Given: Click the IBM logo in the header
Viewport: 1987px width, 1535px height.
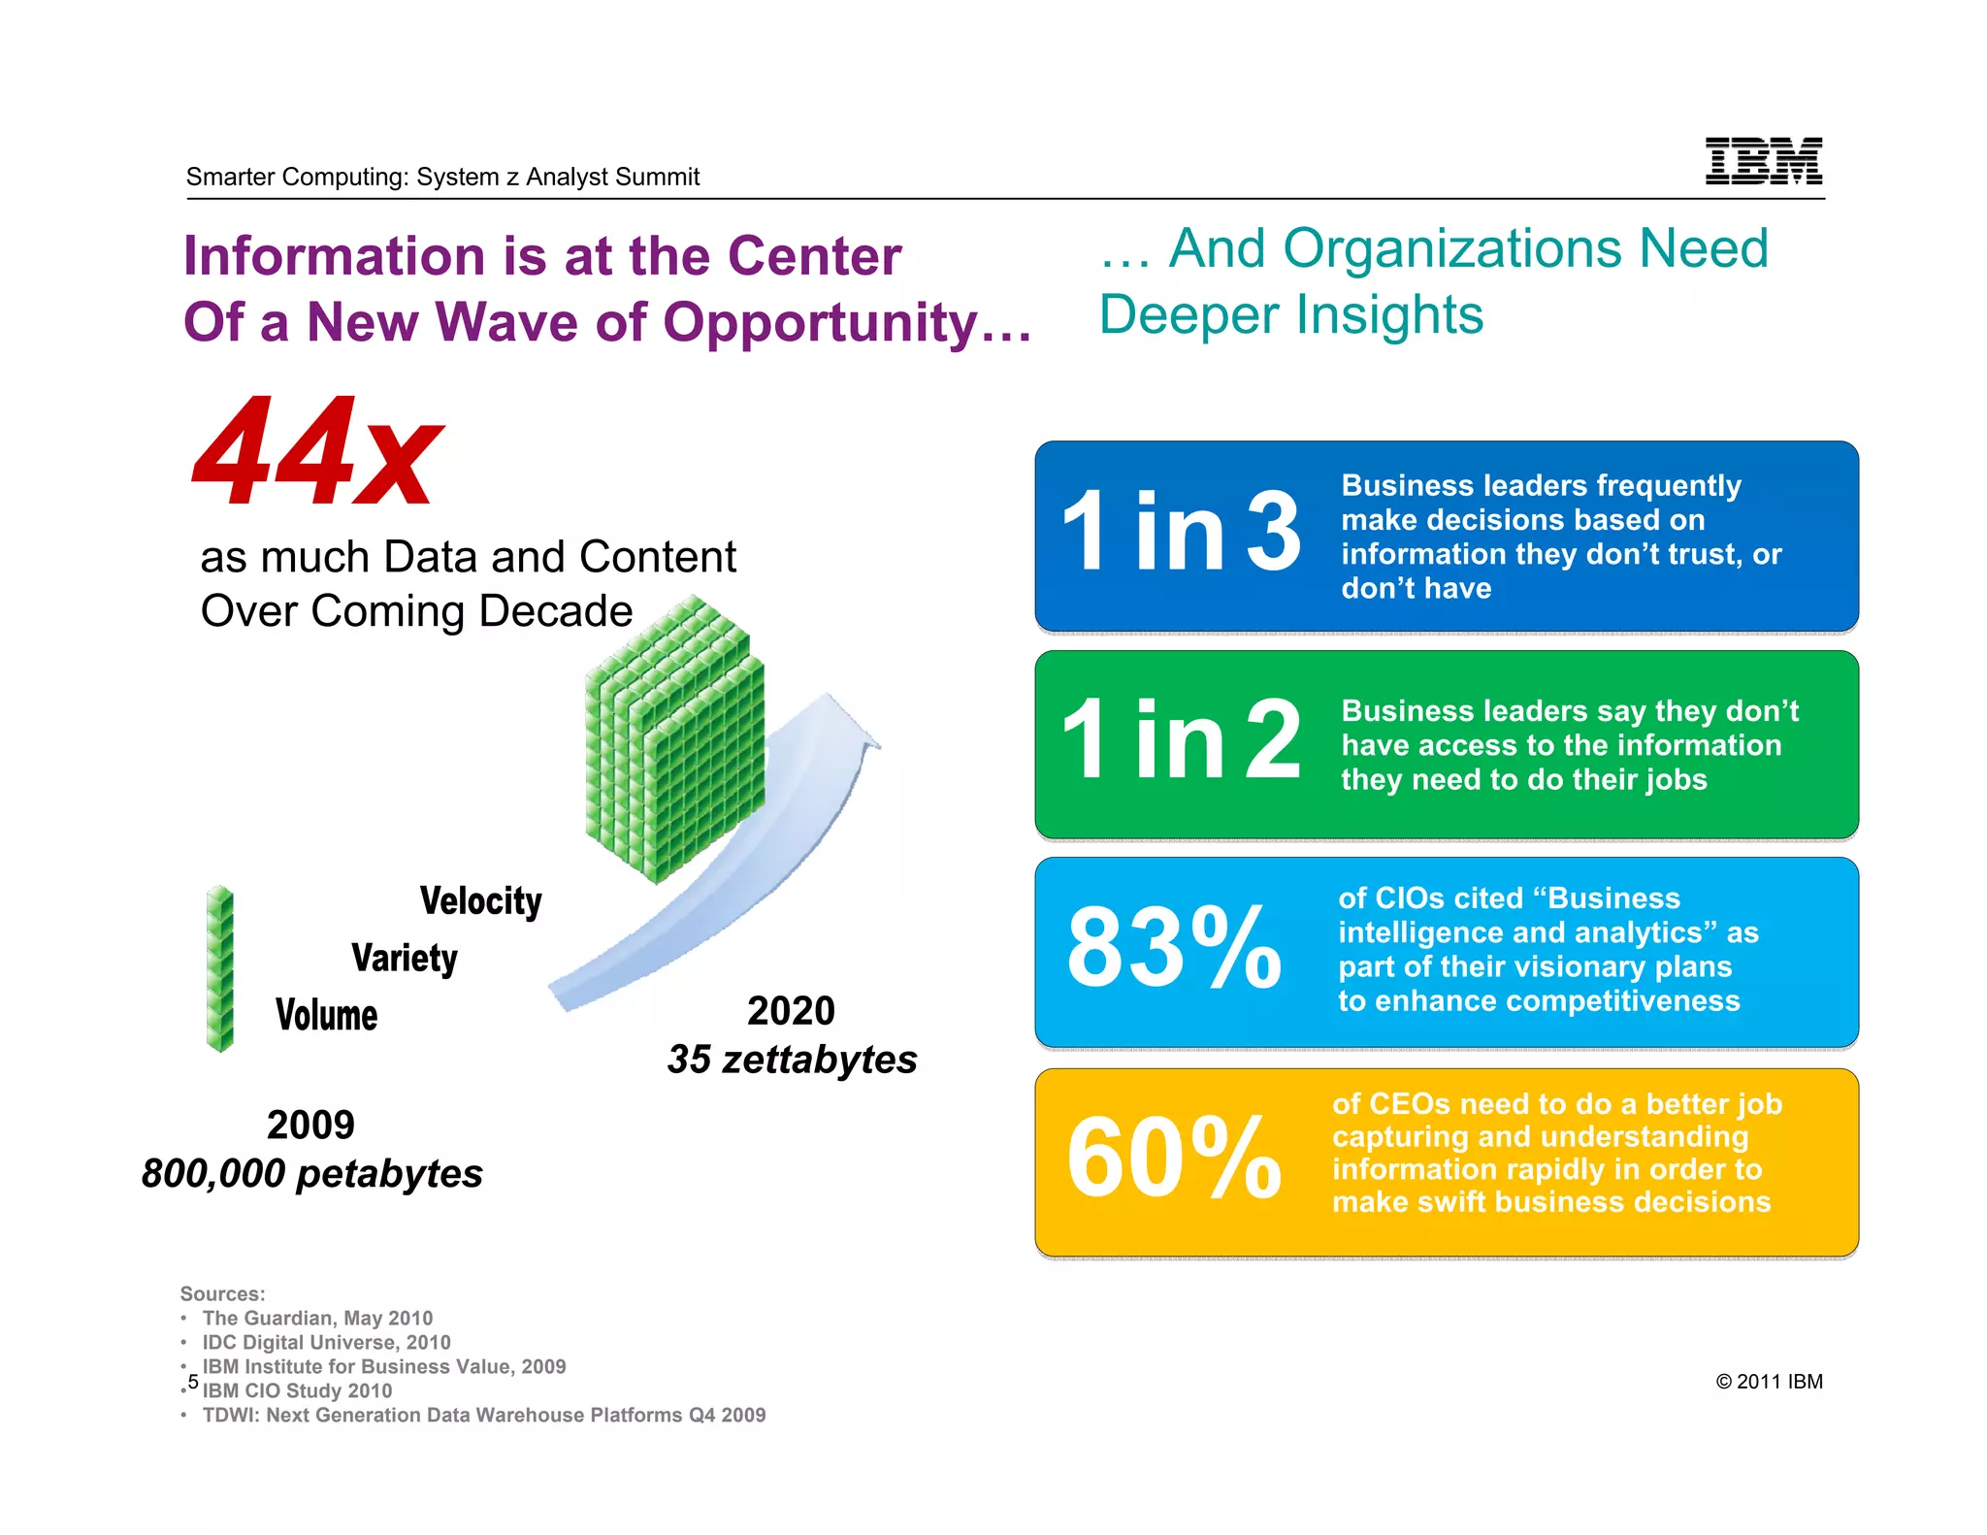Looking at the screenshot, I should coord(1763,161).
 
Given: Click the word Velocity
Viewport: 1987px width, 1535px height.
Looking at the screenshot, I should coord(480,901).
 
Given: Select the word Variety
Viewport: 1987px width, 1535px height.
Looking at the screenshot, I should coord(405,959).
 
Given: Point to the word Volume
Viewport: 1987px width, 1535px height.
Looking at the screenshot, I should coord(326,1016).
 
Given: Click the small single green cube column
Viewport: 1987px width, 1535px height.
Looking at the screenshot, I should coord(220,968).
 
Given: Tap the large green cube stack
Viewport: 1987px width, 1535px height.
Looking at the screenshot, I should coord(675,739).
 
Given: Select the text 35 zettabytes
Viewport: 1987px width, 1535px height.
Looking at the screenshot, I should coord(792,1060).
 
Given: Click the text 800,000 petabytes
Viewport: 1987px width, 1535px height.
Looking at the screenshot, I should coord(311,1174).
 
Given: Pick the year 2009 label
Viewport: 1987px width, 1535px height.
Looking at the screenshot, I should coord(310,1126).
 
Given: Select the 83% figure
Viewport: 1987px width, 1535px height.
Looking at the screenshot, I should coord(1174,949).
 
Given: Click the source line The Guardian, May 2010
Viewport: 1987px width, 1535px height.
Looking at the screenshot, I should coord(317,1318).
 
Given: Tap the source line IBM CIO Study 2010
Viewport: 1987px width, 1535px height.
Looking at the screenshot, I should coord(297,1390).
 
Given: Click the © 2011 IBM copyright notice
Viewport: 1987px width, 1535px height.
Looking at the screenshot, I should coord(1769,1382).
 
